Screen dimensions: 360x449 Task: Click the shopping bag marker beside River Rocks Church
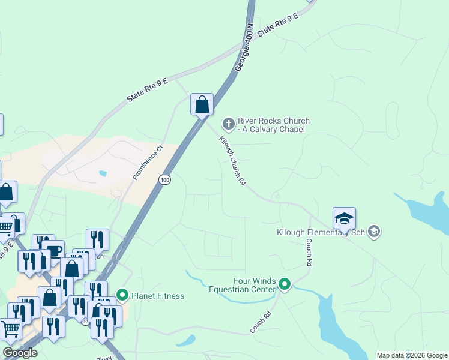pyautogui.click(x=202, y=104)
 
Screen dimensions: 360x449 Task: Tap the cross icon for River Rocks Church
pyautogui.click(x=228, y=124)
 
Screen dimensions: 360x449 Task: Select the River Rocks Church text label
pyautogui.click(x=271, y=125)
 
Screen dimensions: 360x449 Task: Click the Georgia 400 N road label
pyautogui.click(x=244, y=49)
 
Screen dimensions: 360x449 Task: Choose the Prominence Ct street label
pyautogui.click(x=148, y=163)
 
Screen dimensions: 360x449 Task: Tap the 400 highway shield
pyautogui.click(x=165, y=179)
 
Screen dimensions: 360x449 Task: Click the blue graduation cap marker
pyautogui.click(x=344, y=218)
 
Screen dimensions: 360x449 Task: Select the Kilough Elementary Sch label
pyautogui.click(x=321, y=232)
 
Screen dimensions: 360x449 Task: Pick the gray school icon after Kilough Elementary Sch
pyautogui.click(x=374, y=232)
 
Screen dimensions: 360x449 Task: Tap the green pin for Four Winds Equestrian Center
pyautogui.click(x=285, y=285)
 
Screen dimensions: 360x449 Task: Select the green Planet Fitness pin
pyautogui.click(x=123, y=295)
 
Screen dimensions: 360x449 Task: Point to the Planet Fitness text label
pyautogui.click(x=158, y=296)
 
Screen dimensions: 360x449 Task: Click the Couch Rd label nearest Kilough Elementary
pyautogui.click(x=310, y=253)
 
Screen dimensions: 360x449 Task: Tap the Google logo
pyautogui.click(x=20, y=353)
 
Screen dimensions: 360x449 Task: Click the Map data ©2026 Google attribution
pyautogui.click(x=412, y=355)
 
